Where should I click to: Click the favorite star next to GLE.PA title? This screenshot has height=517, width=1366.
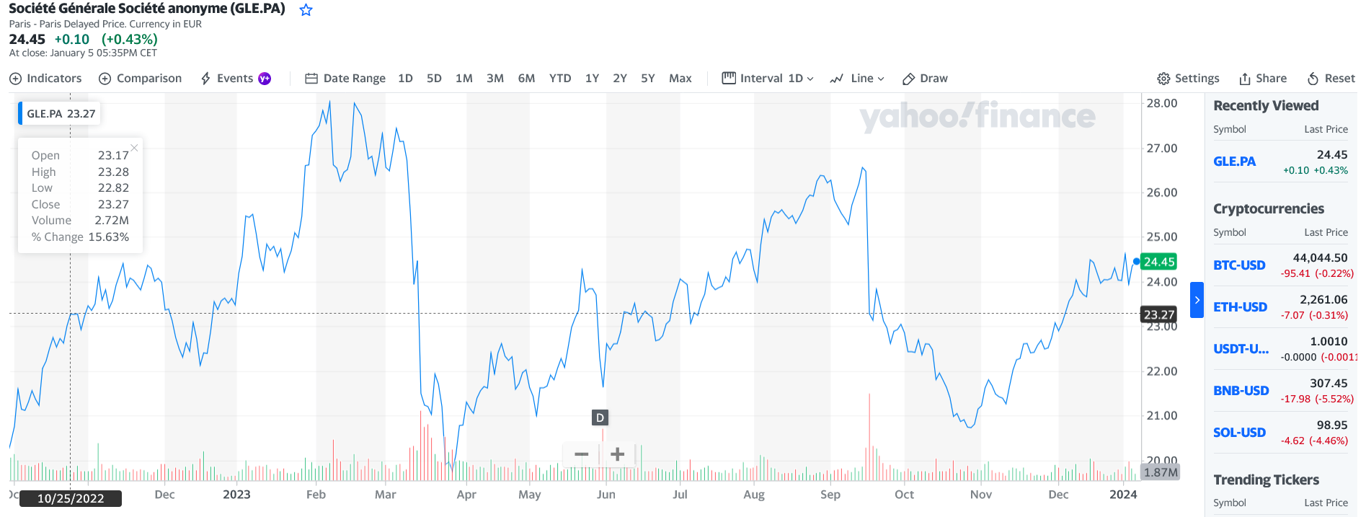[306, 10]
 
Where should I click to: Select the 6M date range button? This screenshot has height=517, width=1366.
[526, 79]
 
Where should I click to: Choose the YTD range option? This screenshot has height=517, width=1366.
[560, 79]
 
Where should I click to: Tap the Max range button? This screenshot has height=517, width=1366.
[680, 79]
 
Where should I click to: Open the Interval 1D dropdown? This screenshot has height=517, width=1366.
[768, 79]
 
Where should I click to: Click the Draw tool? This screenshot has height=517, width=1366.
[926, 79]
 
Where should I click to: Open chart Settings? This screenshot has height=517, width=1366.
[1188, 79]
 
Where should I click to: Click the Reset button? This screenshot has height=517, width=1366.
[1331, 79]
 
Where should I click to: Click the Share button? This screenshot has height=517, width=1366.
[1263, 79]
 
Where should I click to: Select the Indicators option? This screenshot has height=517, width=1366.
[45, 79]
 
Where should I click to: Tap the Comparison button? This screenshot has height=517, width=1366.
[140, 79]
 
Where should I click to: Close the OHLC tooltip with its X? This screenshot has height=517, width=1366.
[134, 148]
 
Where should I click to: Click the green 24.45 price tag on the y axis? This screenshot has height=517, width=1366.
[1159, 262]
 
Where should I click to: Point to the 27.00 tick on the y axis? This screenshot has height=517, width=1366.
[1161, 149]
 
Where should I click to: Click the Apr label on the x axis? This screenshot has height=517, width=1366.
[466, 495]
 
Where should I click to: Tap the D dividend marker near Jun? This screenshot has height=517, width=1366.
[600, 417]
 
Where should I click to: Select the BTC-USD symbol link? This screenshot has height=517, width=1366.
[1239, 265]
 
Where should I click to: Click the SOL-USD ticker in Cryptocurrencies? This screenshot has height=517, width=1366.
[1239, 433]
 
